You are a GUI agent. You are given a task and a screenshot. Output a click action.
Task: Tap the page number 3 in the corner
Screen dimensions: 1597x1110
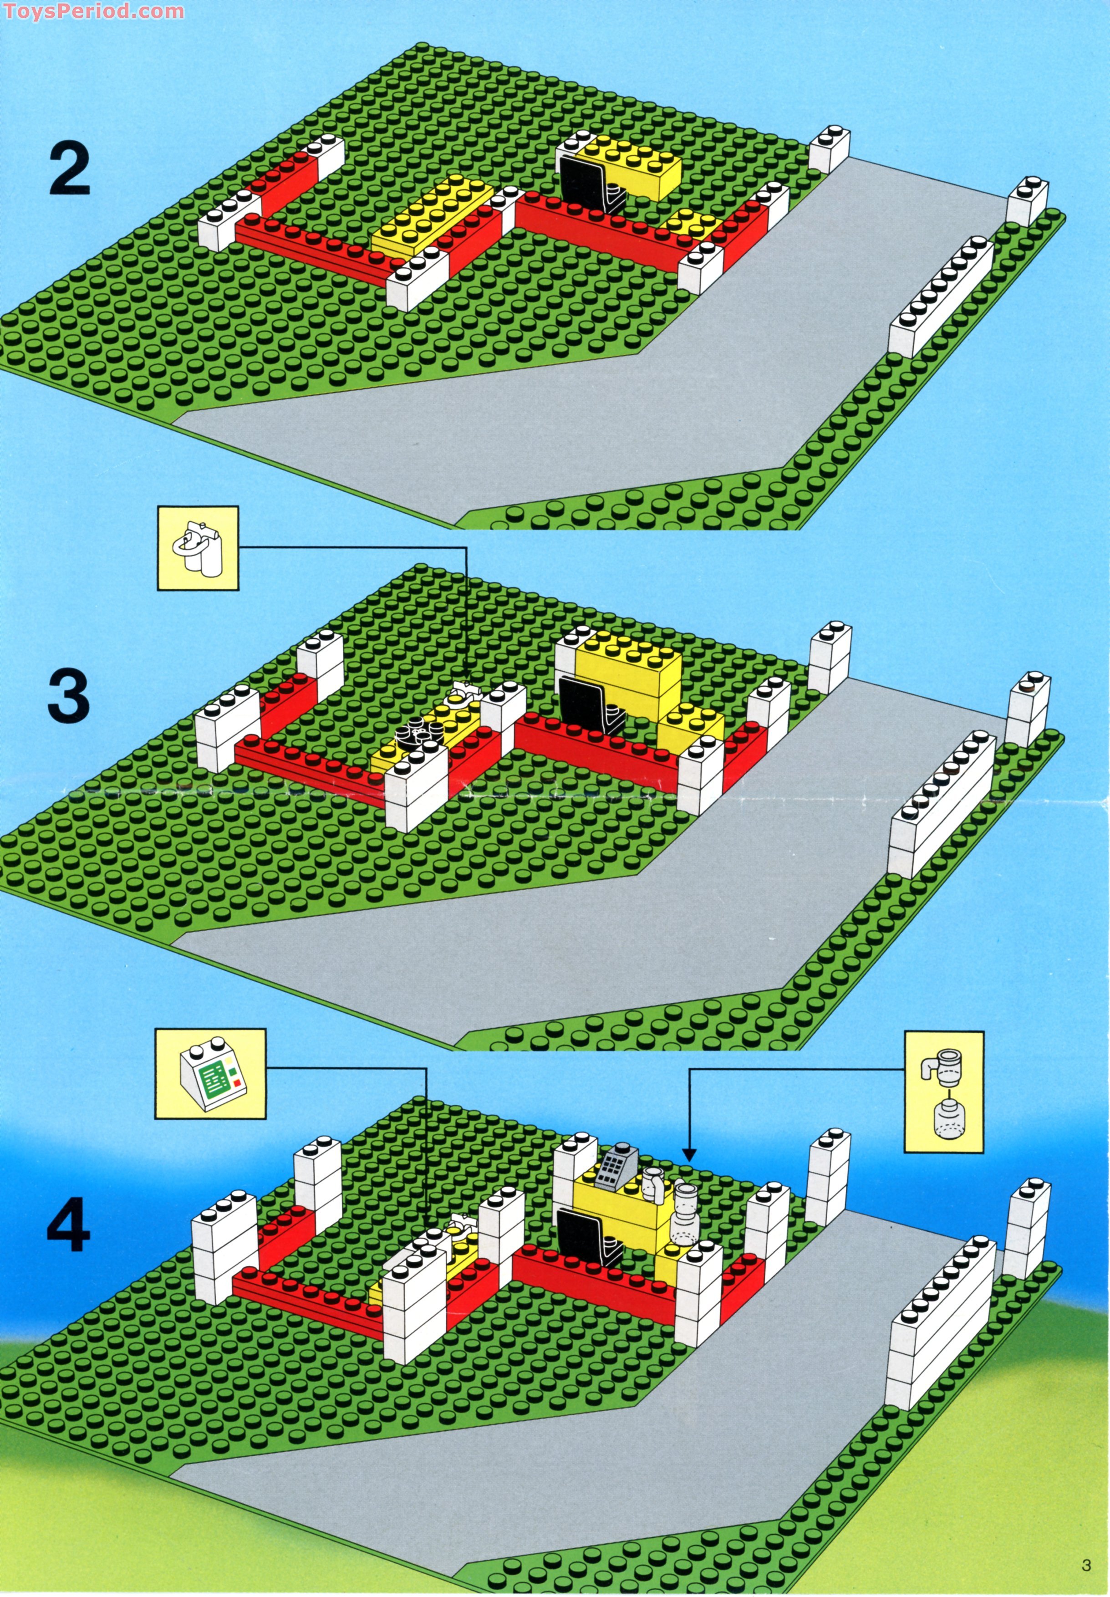1086,1566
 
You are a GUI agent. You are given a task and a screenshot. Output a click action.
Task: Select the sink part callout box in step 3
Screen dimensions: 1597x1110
198,549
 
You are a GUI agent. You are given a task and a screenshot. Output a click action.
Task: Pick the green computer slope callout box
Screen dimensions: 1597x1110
210,1075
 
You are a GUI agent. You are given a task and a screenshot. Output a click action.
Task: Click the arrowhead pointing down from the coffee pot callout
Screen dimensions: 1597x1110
688,1156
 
